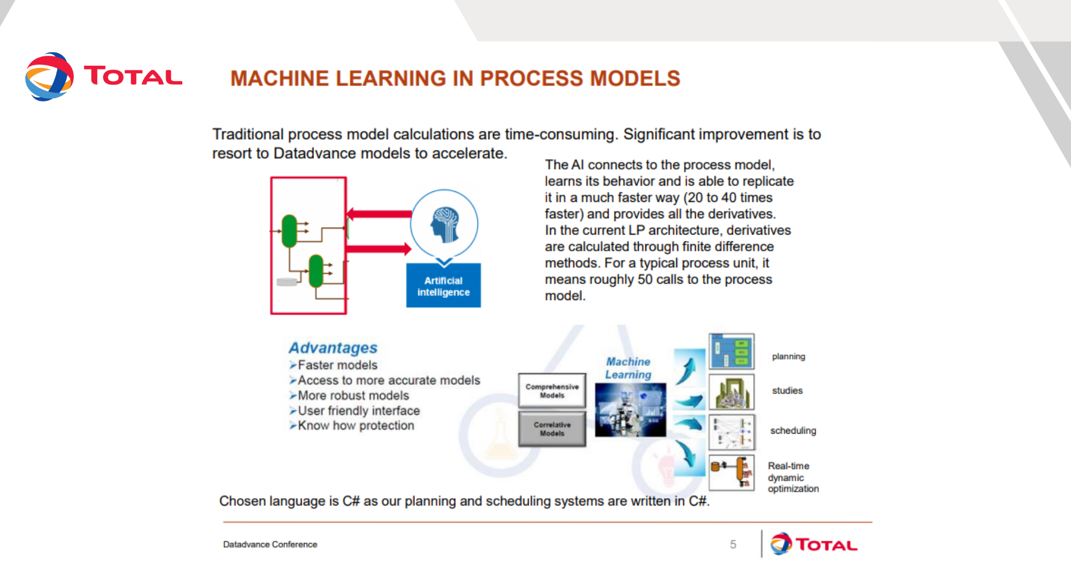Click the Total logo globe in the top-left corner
pos(49,77)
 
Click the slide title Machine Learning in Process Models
pos(455,79)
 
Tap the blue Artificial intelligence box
pos(444,286)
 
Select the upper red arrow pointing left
pos(379,214)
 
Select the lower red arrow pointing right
pos(379,249)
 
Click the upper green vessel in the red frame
pos(289,231)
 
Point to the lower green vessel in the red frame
pos(316,270)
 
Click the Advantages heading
pos(333,348)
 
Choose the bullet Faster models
pos(334,365)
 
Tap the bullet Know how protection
pos(352,426)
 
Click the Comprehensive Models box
pos(552,390)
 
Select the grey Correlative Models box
pos(552,429)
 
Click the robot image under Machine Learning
pos(630,410)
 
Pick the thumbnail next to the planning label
pos(732,351)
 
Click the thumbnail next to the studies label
pos(732,392)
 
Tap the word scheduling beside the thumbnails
pos(793,431)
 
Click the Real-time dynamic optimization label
pos(793,477)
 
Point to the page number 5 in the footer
pos(733,544)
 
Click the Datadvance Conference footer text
pos(270,544)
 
